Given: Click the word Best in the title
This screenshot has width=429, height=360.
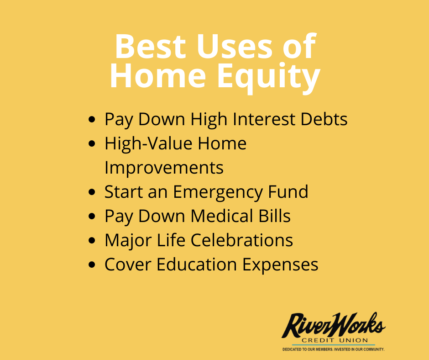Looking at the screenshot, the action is (150, 46).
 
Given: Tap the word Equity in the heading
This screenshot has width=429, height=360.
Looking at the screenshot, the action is (269, 78).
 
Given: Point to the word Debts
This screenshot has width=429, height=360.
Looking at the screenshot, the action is (324, 119).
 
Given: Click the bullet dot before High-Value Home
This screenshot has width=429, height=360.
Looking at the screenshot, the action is (92, 143).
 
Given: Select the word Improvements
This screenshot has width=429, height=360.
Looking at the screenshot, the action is (164, 167).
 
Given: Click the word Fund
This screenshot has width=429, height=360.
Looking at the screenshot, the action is (288, 191).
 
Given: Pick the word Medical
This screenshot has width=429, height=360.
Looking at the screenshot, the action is (222, 216).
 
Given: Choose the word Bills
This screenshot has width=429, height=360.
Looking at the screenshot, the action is (274, 216).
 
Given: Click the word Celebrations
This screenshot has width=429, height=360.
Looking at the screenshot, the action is (241, 240).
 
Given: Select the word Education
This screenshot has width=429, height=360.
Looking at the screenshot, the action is (196, 264).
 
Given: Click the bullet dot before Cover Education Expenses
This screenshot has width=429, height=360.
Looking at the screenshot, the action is (92, 265).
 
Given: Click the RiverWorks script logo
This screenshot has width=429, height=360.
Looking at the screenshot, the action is (334, 325).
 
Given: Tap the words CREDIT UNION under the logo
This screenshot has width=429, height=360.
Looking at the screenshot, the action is (335, 340).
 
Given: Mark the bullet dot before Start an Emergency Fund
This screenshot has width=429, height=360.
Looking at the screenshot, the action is (92, 192).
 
